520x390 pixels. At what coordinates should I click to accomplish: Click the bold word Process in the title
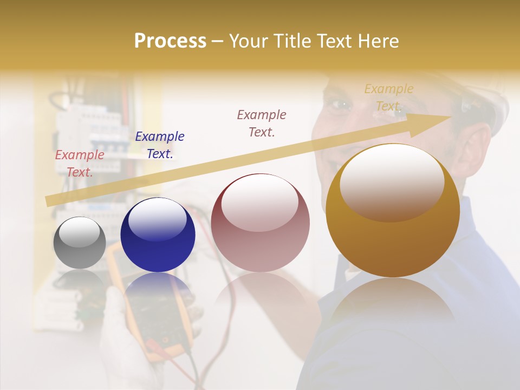point(170,41)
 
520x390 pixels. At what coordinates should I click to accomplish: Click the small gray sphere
point(80,243)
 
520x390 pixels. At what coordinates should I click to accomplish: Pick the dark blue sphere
point(158,235)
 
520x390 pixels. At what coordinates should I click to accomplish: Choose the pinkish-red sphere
point(260,223)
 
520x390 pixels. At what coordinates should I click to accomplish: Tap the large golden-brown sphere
point(393,211)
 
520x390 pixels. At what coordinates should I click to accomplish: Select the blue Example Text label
point(160,145)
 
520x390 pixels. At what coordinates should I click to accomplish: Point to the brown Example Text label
point(262,123)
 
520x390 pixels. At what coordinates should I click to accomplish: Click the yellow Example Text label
point(388,97)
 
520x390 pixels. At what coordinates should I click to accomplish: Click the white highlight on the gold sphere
point(392,182)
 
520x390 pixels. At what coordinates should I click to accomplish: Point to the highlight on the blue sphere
point(157,220)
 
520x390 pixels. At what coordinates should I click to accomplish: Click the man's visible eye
point(340,103)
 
